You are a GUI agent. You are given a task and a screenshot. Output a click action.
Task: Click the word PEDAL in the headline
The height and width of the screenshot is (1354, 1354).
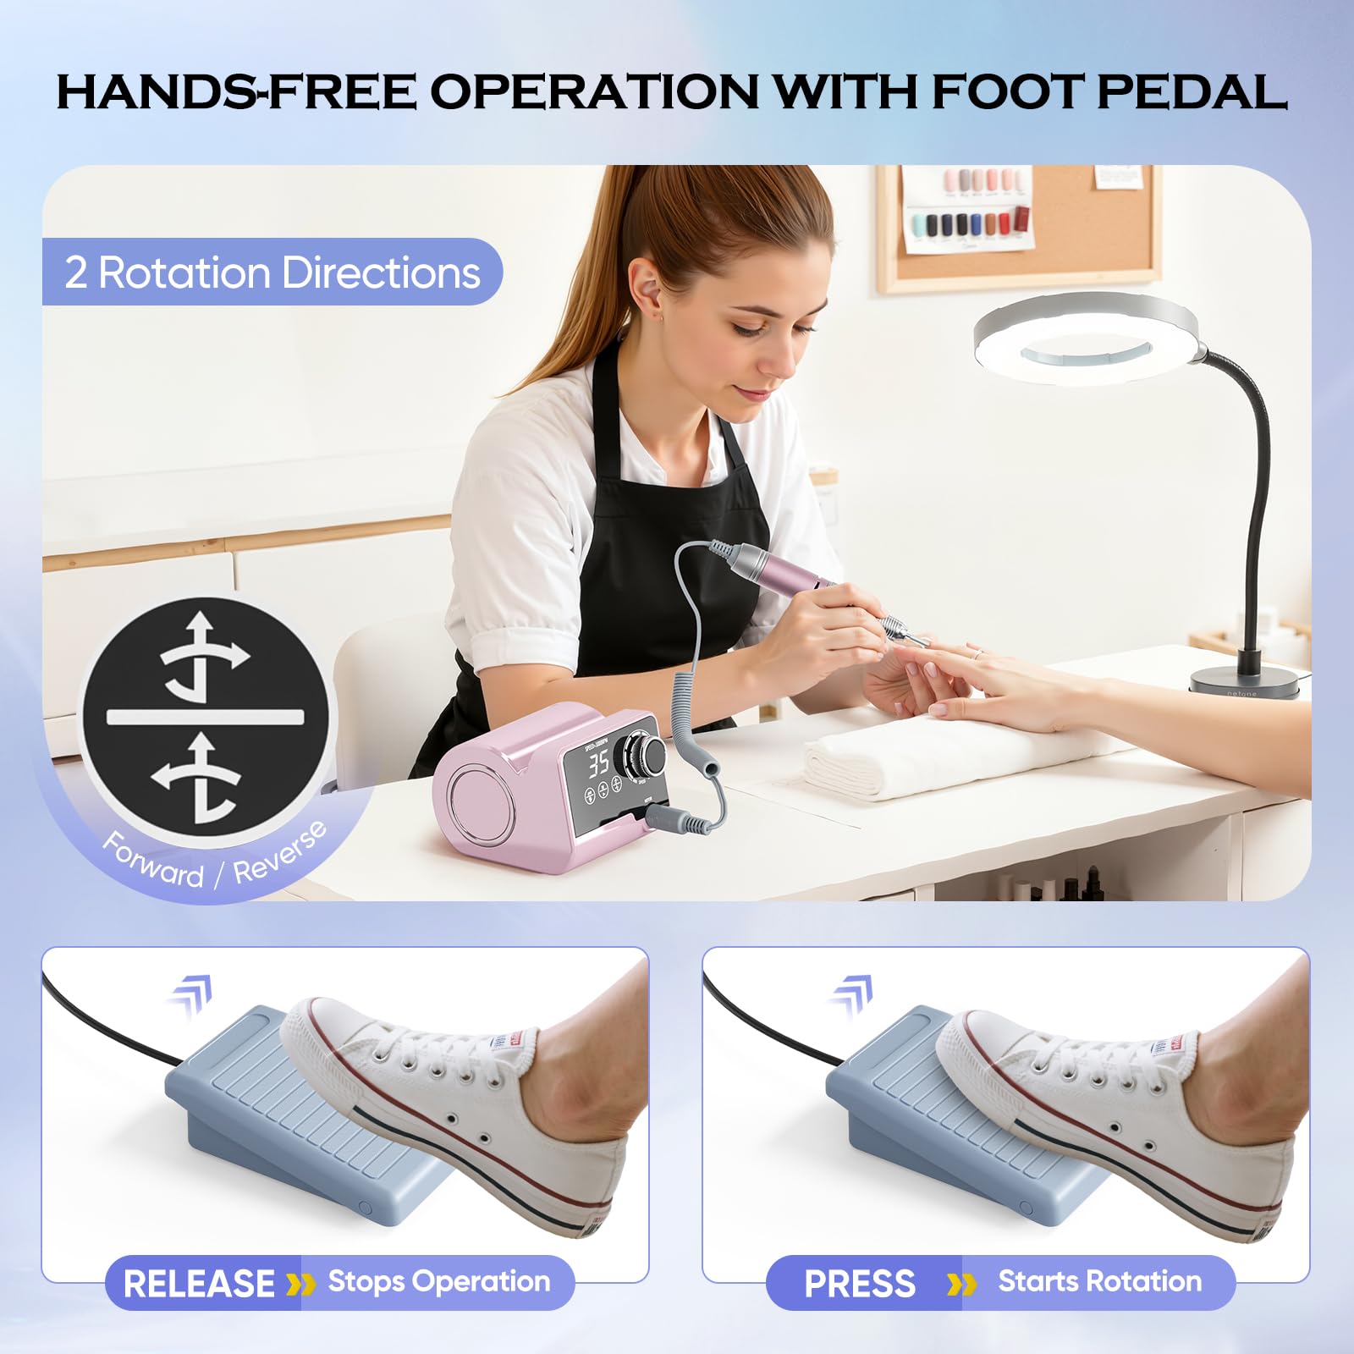coord(1192,91)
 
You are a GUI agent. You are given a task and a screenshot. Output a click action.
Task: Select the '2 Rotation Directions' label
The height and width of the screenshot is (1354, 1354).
coord(272,272)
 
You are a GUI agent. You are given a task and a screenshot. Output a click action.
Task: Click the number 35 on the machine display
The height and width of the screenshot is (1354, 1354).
coord(599,763)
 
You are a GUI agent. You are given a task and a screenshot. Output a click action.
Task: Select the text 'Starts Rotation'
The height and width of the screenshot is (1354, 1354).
coord(1100,1281)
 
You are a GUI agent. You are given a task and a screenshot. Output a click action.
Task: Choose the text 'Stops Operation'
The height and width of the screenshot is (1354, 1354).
coord(439,1282)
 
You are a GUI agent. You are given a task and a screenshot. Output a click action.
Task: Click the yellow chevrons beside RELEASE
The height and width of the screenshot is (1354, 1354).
coord(300,1285)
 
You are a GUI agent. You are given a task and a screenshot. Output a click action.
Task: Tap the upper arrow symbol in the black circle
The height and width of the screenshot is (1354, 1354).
coord(204,654)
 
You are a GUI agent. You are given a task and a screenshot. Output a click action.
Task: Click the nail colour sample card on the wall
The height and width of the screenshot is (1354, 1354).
coord(968,208)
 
